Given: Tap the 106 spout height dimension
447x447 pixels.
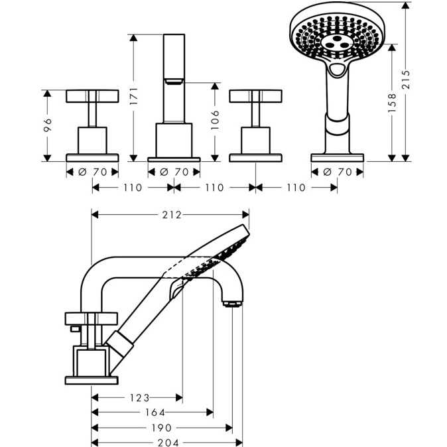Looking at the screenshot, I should [215, 122].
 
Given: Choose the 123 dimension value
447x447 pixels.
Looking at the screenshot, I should [139, 398].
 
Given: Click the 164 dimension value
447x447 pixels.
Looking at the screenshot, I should [153, 413].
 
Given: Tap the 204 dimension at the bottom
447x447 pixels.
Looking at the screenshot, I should [168, 442].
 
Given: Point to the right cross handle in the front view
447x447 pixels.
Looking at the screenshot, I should [255, 97].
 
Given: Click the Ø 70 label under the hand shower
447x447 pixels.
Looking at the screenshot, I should [337, 172].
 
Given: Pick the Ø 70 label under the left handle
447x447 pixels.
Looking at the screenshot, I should [93, 172].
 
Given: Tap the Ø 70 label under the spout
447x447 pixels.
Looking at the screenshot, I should [174, 172].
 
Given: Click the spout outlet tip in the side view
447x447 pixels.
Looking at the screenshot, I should [232, 304].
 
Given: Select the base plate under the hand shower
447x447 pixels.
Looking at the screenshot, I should [337, 158].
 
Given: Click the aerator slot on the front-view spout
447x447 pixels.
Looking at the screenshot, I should [174, 82].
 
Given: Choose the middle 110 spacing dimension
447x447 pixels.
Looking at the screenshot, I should [214, 188].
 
